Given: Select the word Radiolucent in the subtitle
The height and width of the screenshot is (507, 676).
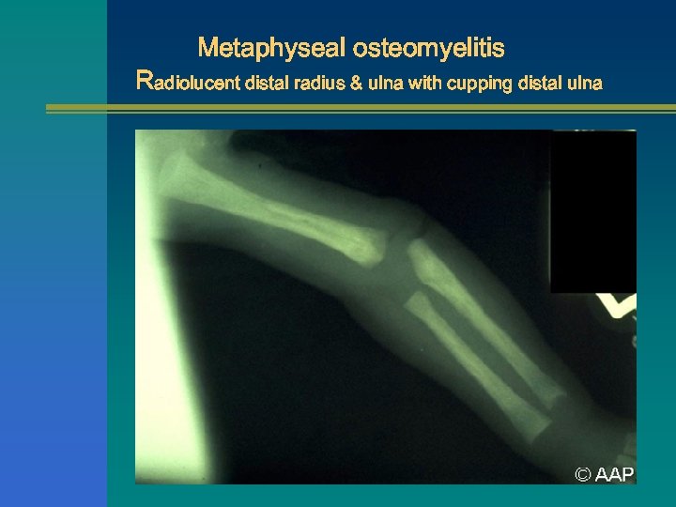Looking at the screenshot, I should (x=188, y=82).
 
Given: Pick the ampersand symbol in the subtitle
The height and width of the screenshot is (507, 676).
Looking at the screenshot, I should (x=357, y=83).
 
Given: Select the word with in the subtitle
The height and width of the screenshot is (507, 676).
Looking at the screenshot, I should (x=425, y=83).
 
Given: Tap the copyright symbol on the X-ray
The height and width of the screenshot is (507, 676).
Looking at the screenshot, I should (x=583, y=475).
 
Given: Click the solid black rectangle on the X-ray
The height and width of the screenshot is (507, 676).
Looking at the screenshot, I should (x=592, y=211).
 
